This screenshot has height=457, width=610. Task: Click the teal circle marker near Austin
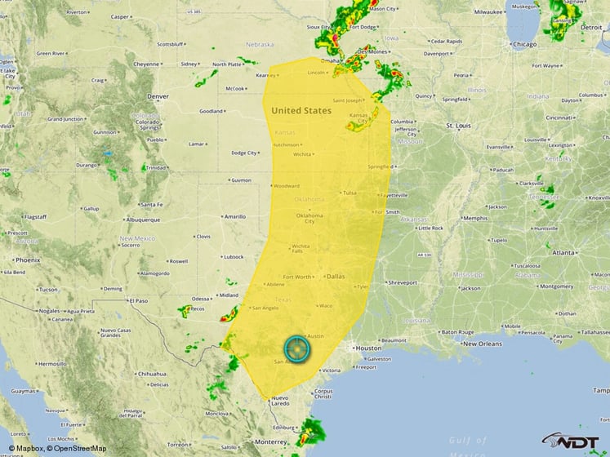(x=299, y=348)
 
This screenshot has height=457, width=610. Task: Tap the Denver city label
(x=158, y=95)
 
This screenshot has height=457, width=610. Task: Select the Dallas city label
(x=335, y=276)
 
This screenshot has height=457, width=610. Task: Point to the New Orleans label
(x=483, y=344)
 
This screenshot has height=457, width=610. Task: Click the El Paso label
(x=138, y=300)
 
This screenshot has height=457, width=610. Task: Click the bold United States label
(x=301, y=110)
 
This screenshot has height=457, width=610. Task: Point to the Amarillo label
(x=235, y=216)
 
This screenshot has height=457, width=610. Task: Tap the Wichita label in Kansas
(x=303, y=153)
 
